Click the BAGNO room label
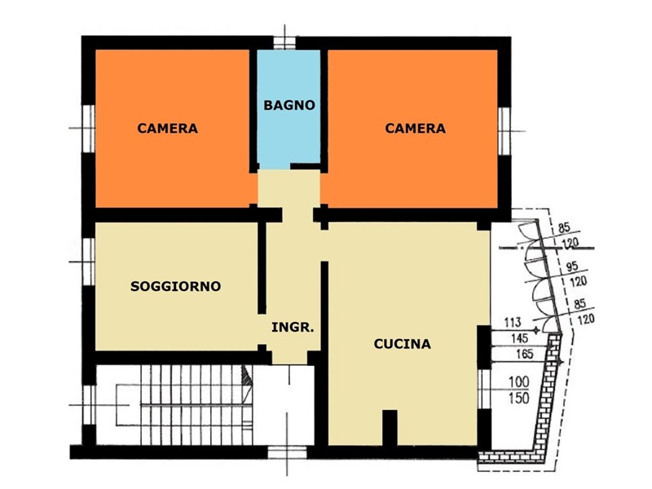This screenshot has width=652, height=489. [x=289, y=105]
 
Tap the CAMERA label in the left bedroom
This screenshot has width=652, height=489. [x=168, y=128]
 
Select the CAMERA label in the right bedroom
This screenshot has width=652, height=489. [x=415, y=128]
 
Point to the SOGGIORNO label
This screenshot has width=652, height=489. [x=175, y=286]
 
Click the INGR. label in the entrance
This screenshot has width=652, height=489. [x=293, y=328]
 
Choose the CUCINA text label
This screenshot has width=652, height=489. [x=402, y=344]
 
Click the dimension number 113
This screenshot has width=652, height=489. [x=513, y=322]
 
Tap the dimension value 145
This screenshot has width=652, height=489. [x=519, y=338]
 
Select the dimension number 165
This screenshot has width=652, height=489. [x=524, y=354]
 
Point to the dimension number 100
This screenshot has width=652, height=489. [x=519, y=381]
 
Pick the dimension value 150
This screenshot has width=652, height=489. [x=519, y=398]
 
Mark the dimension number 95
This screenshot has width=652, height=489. [x=572, y=267]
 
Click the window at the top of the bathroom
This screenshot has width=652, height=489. [x=284, y=43]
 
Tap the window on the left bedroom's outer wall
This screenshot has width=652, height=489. [x=88, y=129]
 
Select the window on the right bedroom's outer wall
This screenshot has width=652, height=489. [x=504, y=131]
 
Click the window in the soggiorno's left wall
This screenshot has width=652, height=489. [x=89, y=262]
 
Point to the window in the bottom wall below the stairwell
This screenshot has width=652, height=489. [x=287, y=452]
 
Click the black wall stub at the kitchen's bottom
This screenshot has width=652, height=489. [x=390, y=428]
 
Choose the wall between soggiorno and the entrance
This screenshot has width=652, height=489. [x=262, y=268]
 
